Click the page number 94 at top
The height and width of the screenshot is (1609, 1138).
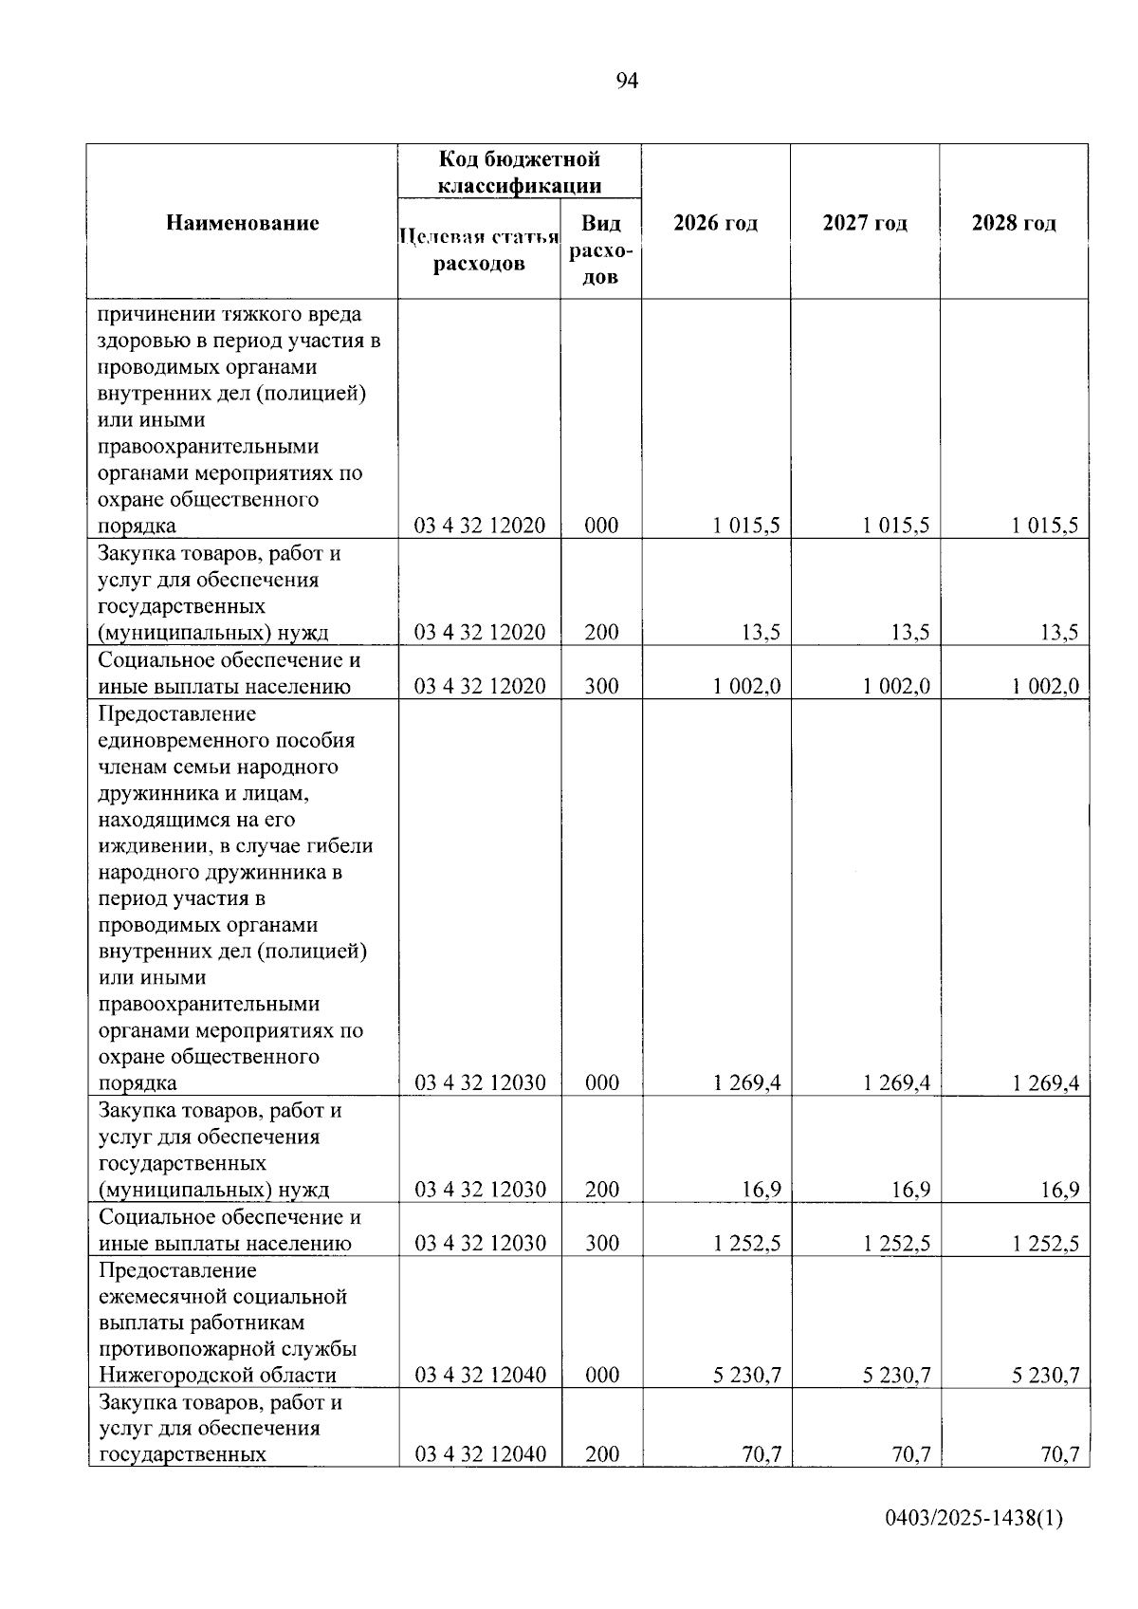tap(627, 81)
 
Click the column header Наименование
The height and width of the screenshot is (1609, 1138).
tap(243, 224)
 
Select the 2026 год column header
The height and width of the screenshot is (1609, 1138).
tap(715, 224)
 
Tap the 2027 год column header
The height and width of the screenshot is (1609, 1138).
tap(865, 224)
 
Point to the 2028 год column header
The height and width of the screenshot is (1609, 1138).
tap(1014, 224)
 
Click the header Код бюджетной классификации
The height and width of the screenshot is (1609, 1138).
tap(519, 172)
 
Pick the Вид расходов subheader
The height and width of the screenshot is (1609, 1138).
tap(601, 250)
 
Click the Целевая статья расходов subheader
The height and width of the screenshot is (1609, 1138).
tap(479, 250)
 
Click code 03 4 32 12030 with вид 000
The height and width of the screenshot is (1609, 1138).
tap(480, 1083)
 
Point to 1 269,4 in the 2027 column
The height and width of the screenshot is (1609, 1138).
tap(896, 1083)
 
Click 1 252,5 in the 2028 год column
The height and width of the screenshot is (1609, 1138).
tap(1045, 1244)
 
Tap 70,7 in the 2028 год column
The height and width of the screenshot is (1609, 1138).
tap(1059, 1454)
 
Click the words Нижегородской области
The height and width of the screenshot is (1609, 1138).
tap(217, 1376)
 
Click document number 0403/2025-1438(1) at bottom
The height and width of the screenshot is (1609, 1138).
tap(974, 1520)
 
